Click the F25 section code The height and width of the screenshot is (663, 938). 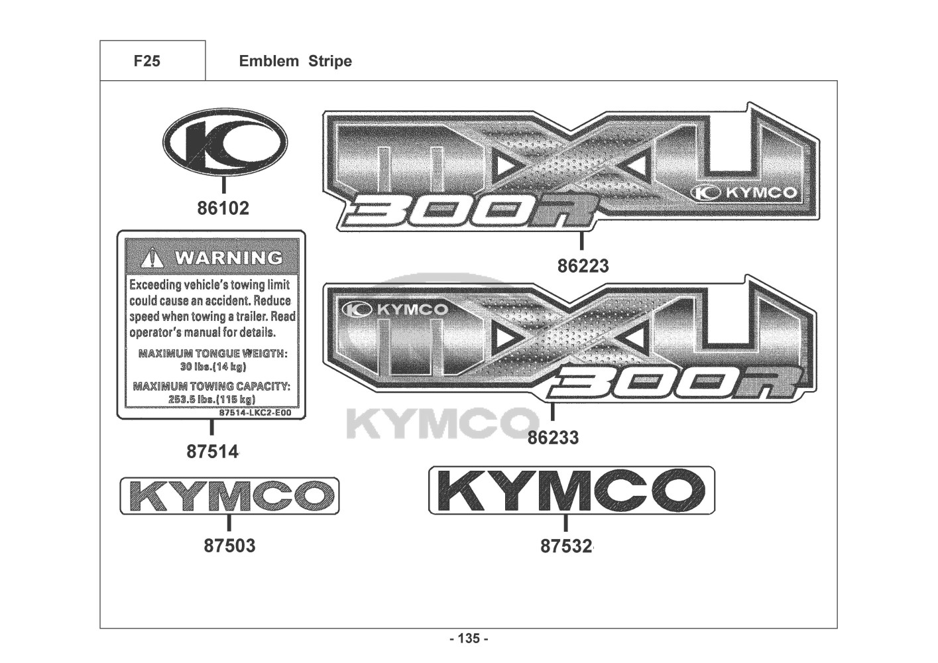click(x=147, y=61)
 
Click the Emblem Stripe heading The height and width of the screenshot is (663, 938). click(x=295, y=61)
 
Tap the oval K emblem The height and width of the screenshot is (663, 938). click(x=225, y=143)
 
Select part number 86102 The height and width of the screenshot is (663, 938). click(x=223, y=208)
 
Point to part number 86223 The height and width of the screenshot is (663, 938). click(x=583, y=266)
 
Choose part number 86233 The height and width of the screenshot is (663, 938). click(x=553, y=438)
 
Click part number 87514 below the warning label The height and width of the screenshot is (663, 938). click(x=212, y=452)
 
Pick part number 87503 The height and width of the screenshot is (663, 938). click(x=229, y=546)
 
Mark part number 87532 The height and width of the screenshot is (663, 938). click(x=567, y=546)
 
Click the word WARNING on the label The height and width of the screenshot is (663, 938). click(x=228, y=257)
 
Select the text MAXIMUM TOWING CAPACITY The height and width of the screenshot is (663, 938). click(x=211, y=386)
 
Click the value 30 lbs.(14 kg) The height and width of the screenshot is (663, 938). click(x=213, y=367)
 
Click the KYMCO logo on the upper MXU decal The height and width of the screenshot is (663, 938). click(x=744, y=192)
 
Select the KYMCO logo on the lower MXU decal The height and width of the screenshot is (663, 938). click(x=396, y=310)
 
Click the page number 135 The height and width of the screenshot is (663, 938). click(x=469, y=638)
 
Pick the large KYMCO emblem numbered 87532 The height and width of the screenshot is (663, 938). click(x=571, y=491)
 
